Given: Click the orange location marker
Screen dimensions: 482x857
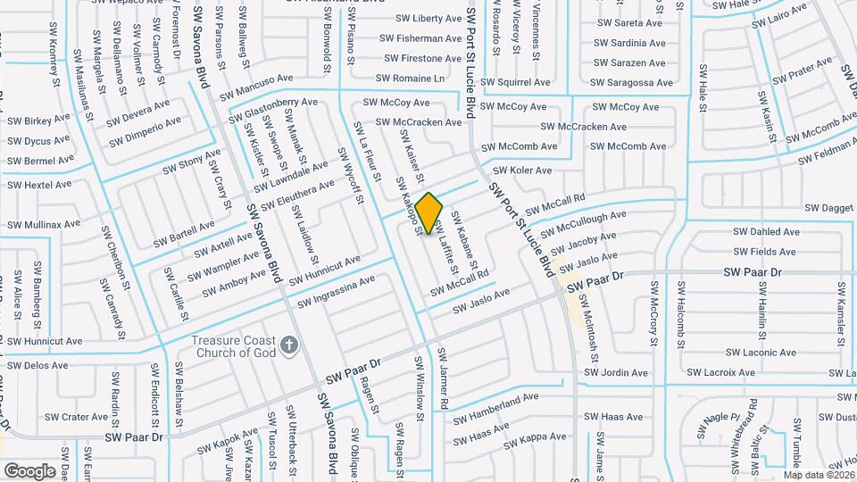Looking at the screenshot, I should click(429, 212).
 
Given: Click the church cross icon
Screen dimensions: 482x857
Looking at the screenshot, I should click(288, 344).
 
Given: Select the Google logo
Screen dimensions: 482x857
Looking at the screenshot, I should click(29, 470).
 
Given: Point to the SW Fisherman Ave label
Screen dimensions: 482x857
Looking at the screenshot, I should click(420, 38).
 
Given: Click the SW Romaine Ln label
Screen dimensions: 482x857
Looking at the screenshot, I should click(410, 79).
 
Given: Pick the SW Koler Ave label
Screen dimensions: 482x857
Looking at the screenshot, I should click(524, 170).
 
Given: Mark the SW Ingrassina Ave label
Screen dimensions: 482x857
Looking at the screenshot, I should click(336, 291).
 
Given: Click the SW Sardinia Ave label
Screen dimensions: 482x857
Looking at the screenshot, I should click(631, 43).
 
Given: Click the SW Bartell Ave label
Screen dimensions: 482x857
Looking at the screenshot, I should click(184, 235).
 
